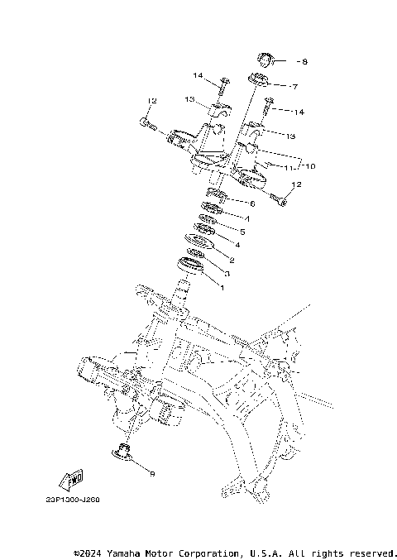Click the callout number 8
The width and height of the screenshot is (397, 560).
304,62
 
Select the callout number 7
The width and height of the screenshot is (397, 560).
294,86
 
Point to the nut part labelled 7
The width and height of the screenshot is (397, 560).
259,80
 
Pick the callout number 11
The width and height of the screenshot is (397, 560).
289,168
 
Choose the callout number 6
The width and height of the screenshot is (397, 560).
252,203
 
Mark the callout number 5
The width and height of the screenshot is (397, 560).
242,232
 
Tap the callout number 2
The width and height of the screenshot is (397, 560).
232,260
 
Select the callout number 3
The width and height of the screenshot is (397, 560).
227,274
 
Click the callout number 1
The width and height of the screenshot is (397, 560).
221,288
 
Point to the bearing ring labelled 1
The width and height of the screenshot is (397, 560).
190,266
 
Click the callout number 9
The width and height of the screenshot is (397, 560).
151,473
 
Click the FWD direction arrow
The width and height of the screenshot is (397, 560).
70,479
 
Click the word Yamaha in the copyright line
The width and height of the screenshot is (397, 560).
127,553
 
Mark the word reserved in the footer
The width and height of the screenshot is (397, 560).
371,553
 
